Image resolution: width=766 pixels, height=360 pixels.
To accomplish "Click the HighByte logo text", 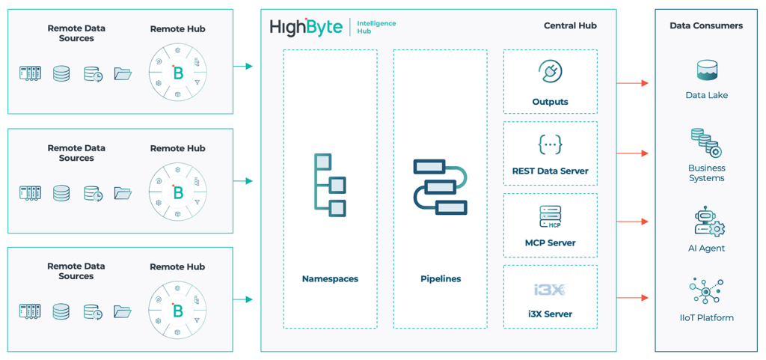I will (306, 28).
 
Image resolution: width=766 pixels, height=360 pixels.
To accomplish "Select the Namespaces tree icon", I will (330, 185).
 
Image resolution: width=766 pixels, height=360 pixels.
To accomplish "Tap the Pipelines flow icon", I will (440, 186).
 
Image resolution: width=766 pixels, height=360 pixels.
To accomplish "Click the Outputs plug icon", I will (550, 73).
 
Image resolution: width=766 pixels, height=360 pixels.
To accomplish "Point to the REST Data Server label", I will (550, 171).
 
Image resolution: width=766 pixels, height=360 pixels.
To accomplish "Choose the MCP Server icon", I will (550, 217).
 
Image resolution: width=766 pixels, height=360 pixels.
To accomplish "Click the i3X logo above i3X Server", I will (550, 290).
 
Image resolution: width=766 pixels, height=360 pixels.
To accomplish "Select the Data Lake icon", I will (706, 71).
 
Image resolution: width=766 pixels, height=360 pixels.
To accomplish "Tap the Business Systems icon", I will (706, 143).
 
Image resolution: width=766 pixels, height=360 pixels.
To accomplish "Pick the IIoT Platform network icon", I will (706, 292).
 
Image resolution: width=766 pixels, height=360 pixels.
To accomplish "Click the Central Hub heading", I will (570, 25).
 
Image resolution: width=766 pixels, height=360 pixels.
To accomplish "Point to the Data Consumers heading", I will (706, 25).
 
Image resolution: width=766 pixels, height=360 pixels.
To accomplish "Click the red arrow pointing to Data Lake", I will (633, 83).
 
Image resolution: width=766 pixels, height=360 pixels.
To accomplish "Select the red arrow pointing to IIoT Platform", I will (633, 298).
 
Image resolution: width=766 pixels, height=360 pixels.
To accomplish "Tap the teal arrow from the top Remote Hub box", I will (243, 67).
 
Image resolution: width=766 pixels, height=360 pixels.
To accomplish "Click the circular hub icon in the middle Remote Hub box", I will (178, 192).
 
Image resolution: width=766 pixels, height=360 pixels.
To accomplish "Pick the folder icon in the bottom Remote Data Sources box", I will (123, 311).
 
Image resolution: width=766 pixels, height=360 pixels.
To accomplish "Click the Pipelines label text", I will (440, 278).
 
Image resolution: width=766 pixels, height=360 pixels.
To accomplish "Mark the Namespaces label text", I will (330, 278).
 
